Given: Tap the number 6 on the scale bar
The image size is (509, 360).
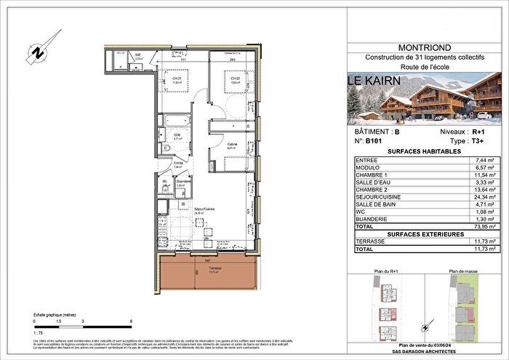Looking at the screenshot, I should pyautogui.click(x=131, y=320).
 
